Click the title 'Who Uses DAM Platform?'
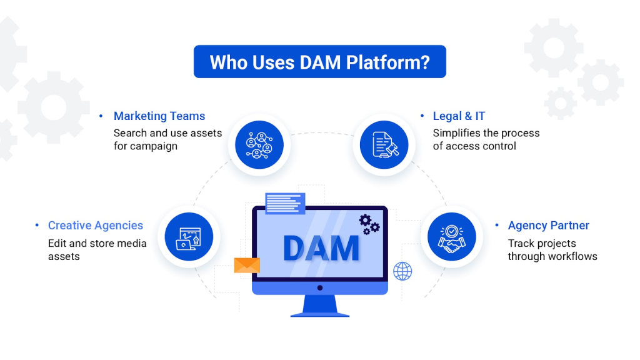(x=319, y=62)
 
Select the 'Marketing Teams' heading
(x=159, y=116)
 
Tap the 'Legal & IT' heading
(x=459, y=116)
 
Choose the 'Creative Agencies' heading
(x=96, y=225)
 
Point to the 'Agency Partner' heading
(x=548, y=225)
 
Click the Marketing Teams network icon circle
(x=259, y=145)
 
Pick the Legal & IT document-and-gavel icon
(x=384, y=145)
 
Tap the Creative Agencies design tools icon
(x=189, y=237)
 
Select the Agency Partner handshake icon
(x=452, y=237)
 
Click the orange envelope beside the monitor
(x=247, y=265)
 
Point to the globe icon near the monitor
(x=402, y=271)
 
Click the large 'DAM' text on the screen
(x=321, y=248)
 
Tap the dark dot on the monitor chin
(x=320, y=287)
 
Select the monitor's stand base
(x=320, y=315)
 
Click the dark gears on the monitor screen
(x=369, y=224)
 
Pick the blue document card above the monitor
(x=285, y=203)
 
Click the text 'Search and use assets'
(x=167, y=133)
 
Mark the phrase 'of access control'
(x=474, y=146)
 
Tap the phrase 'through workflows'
(x=552, y=256)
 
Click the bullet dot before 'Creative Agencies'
(x=37, y=225)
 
